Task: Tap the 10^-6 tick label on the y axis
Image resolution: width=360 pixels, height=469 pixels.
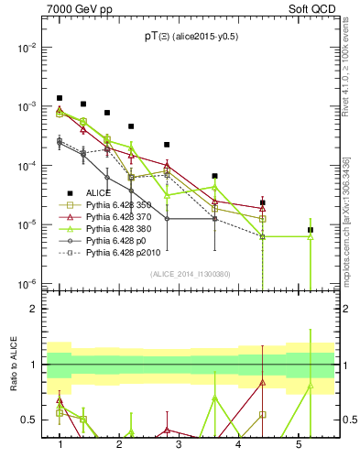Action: (x=27, y=283)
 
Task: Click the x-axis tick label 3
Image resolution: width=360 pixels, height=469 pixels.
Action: (x=179, y=444)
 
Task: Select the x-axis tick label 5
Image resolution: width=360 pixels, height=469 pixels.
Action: (x=298, y=444)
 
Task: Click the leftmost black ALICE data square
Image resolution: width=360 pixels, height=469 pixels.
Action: (x=60, y=98)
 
